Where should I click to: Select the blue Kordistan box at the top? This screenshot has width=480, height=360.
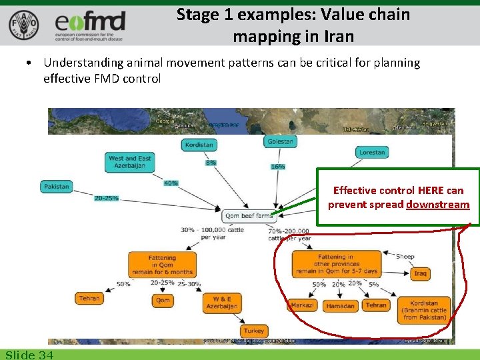199,145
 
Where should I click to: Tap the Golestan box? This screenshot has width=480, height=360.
280,141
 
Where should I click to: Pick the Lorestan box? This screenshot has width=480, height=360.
371,152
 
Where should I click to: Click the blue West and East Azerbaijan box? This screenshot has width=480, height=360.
130,162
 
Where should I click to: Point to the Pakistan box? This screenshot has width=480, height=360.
57,187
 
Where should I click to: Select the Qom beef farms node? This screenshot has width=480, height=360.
249,216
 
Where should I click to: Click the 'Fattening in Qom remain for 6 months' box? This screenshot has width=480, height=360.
163,263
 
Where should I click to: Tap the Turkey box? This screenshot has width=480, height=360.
253,331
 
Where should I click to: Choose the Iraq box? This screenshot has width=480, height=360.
420,273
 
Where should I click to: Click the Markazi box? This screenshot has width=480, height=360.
303,305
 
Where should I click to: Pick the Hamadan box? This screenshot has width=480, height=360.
341,306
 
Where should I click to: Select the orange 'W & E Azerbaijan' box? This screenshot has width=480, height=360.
221,303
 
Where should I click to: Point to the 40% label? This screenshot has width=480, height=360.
171,183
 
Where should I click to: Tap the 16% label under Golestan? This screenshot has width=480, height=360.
277,166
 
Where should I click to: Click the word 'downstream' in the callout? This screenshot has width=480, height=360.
437,205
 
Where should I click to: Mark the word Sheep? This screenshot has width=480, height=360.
405,257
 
